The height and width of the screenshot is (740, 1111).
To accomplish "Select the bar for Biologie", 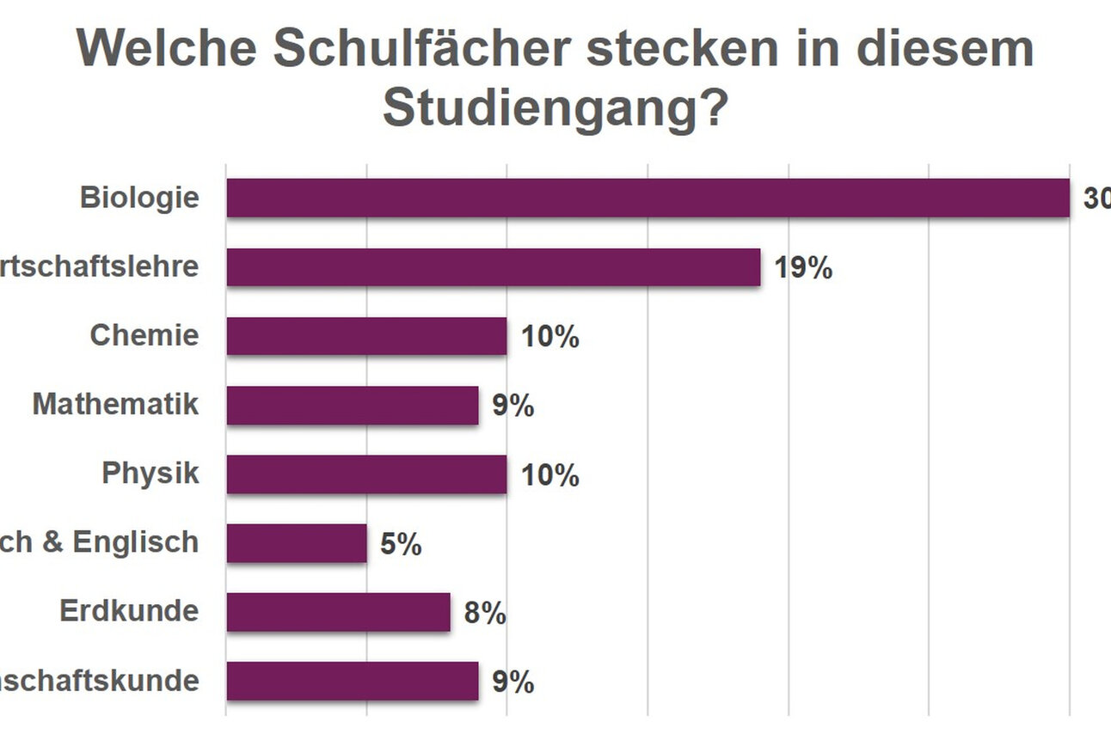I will tap(648, 198).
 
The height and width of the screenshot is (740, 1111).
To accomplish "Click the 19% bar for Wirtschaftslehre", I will tap(494, 267).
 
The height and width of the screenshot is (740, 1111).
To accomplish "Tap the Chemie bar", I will tap(366, 336).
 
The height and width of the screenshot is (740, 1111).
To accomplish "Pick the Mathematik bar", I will tap(353, 405).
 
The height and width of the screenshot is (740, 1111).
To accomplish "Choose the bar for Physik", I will tap(366, 474).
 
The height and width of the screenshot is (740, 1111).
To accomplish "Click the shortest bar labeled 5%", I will tap(297, 543).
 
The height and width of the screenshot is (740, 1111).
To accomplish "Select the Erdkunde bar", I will tap(338, 612).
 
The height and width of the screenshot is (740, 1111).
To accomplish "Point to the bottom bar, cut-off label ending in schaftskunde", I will tap(353, 682).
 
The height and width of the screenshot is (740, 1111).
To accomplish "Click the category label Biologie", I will tap(139, 198).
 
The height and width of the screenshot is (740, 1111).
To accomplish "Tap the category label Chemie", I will tap(144, 335).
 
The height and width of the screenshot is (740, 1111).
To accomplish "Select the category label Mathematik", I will tap(115, 404).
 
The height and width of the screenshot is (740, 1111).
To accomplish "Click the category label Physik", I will tap(150, 474).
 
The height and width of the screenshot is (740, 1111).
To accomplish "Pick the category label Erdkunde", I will tap(129, 611).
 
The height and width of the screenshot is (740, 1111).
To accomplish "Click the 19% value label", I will tap(803, 268).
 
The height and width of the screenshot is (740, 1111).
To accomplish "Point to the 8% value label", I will tap(485, 614).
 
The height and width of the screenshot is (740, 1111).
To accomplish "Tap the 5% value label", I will tap(401, 544).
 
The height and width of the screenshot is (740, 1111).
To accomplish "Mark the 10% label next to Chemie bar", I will tap(550, 338).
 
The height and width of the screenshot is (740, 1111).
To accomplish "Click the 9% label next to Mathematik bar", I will tap(513, 407).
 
